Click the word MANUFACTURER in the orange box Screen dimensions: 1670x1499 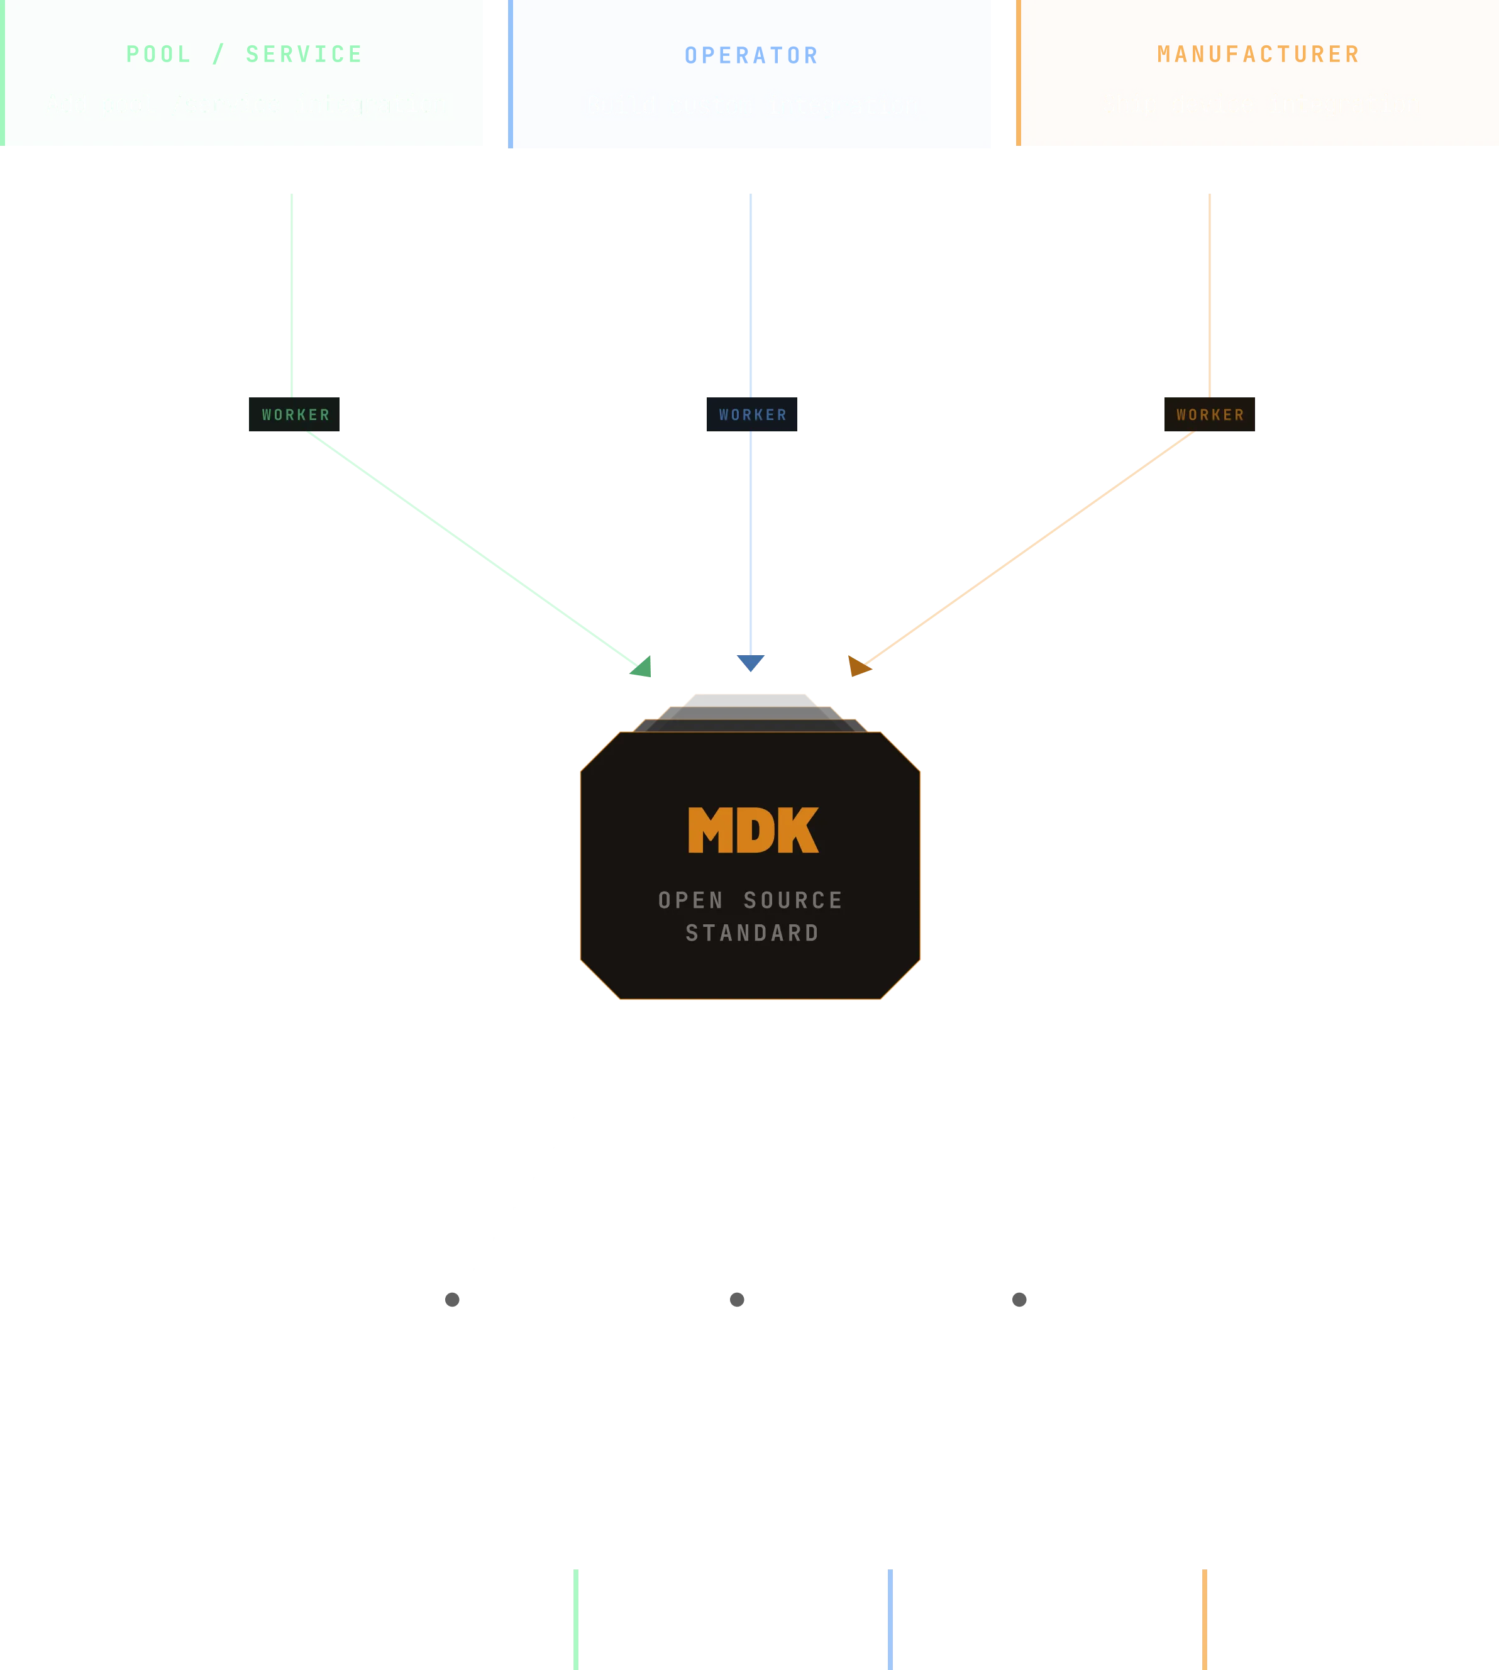click(x=1258, y=54)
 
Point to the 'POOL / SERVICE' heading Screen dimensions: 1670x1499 click(x=244, y=54)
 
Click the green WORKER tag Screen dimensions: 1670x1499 click(x=294, y=415)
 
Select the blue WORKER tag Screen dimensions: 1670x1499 click(x=752, y=415)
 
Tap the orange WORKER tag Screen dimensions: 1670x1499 click(x=1209, y=415)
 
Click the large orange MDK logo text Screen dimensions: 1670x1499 click(x=753, y=830)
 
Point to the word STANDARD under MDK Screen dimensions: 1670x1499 click(x=752, y=933)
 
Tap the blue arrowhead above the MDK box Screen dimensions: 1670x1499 click(x=750, y=663)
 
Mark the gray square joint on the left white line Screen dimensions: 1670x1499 click(x=452, y=1300)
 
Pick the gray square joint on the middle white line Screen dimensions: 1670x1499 click(x=737, y=1300)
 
